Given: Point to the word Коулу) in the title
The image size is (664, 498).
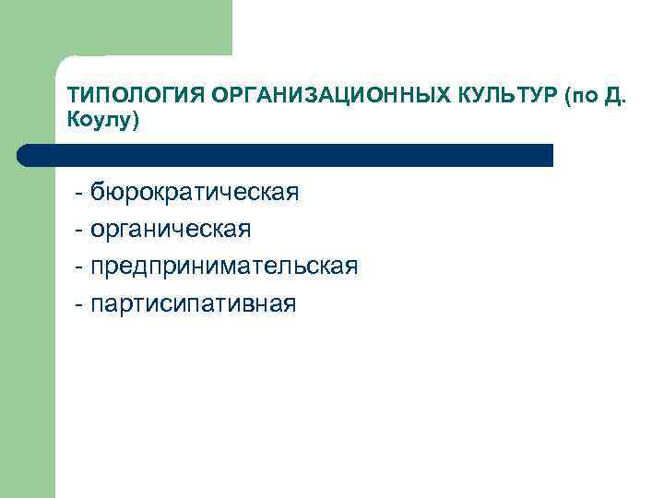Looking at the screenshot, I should tap(102, 121).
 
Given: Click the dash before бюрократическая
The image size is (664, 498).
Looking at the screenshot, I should tap(81, 195).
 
